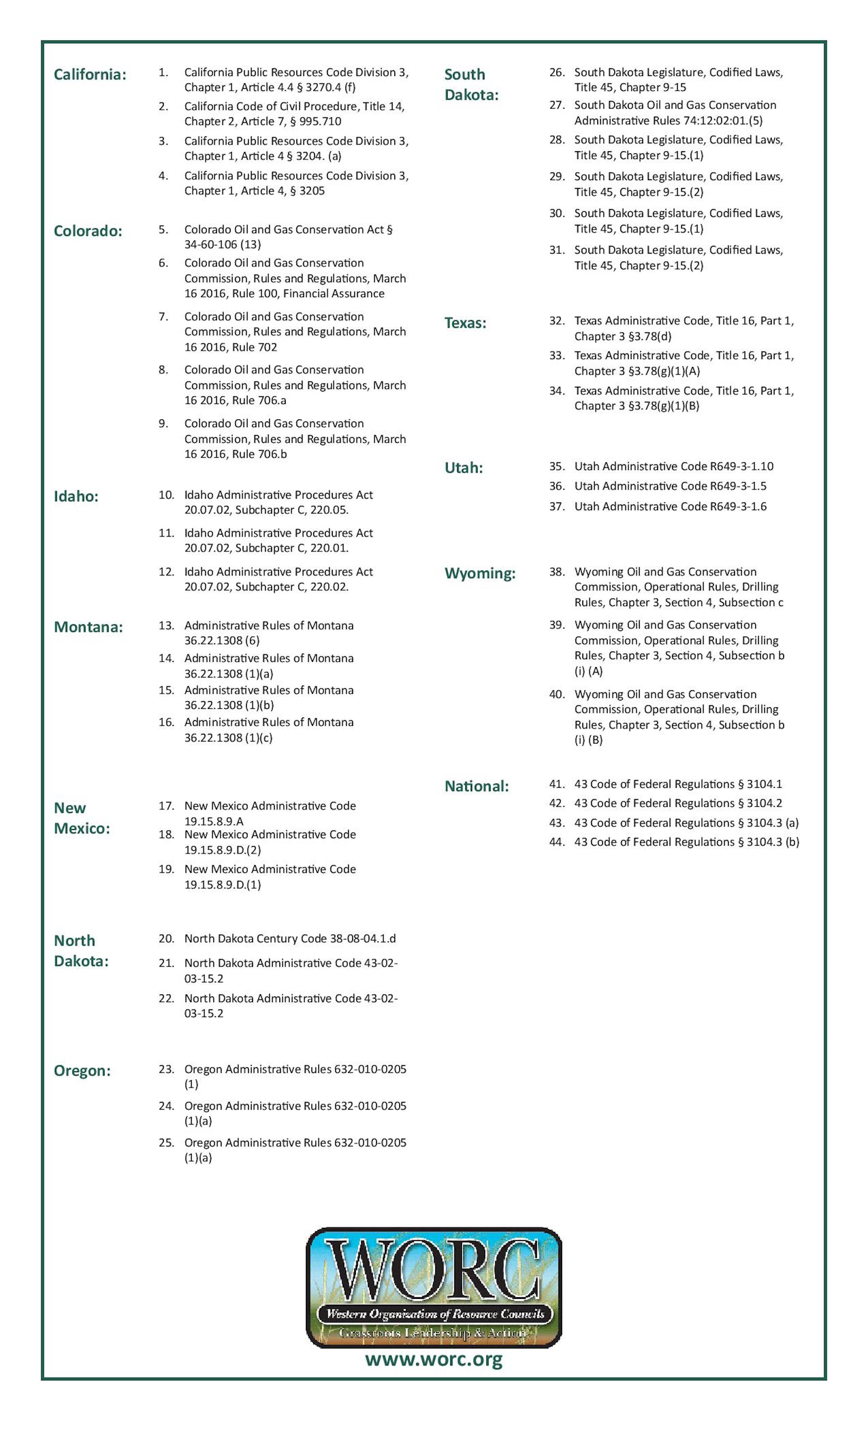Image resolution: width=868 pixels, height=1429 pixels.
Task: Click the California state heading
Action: point(90,75)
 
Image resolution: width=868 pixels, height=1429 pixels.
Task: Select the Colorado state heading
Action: point(88,231)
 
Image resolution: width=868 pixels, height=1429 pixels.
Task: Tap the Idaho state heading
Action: point(76,497)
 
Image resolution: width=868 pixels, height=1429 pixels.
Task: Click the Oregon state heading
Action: point(82,1070)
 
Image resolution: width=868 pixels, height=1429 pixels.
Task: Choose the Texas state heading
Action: point(465,323)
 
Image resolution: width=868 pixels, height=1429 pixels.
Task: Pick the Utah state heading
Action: point(464,468)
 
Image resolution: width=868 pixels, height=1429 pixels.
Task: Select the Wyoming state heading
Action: point(480,573)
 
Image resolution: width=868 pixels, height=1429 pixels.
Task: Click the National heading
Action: point(476,787)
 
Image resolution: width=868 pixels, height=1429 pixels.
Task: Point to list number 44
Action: point(556,842)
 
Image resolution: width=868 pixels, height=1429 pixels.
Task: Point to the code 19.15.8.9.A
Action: point(214,821)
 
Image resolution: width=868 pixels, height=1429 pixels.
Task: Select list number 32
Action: point(556,321)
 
